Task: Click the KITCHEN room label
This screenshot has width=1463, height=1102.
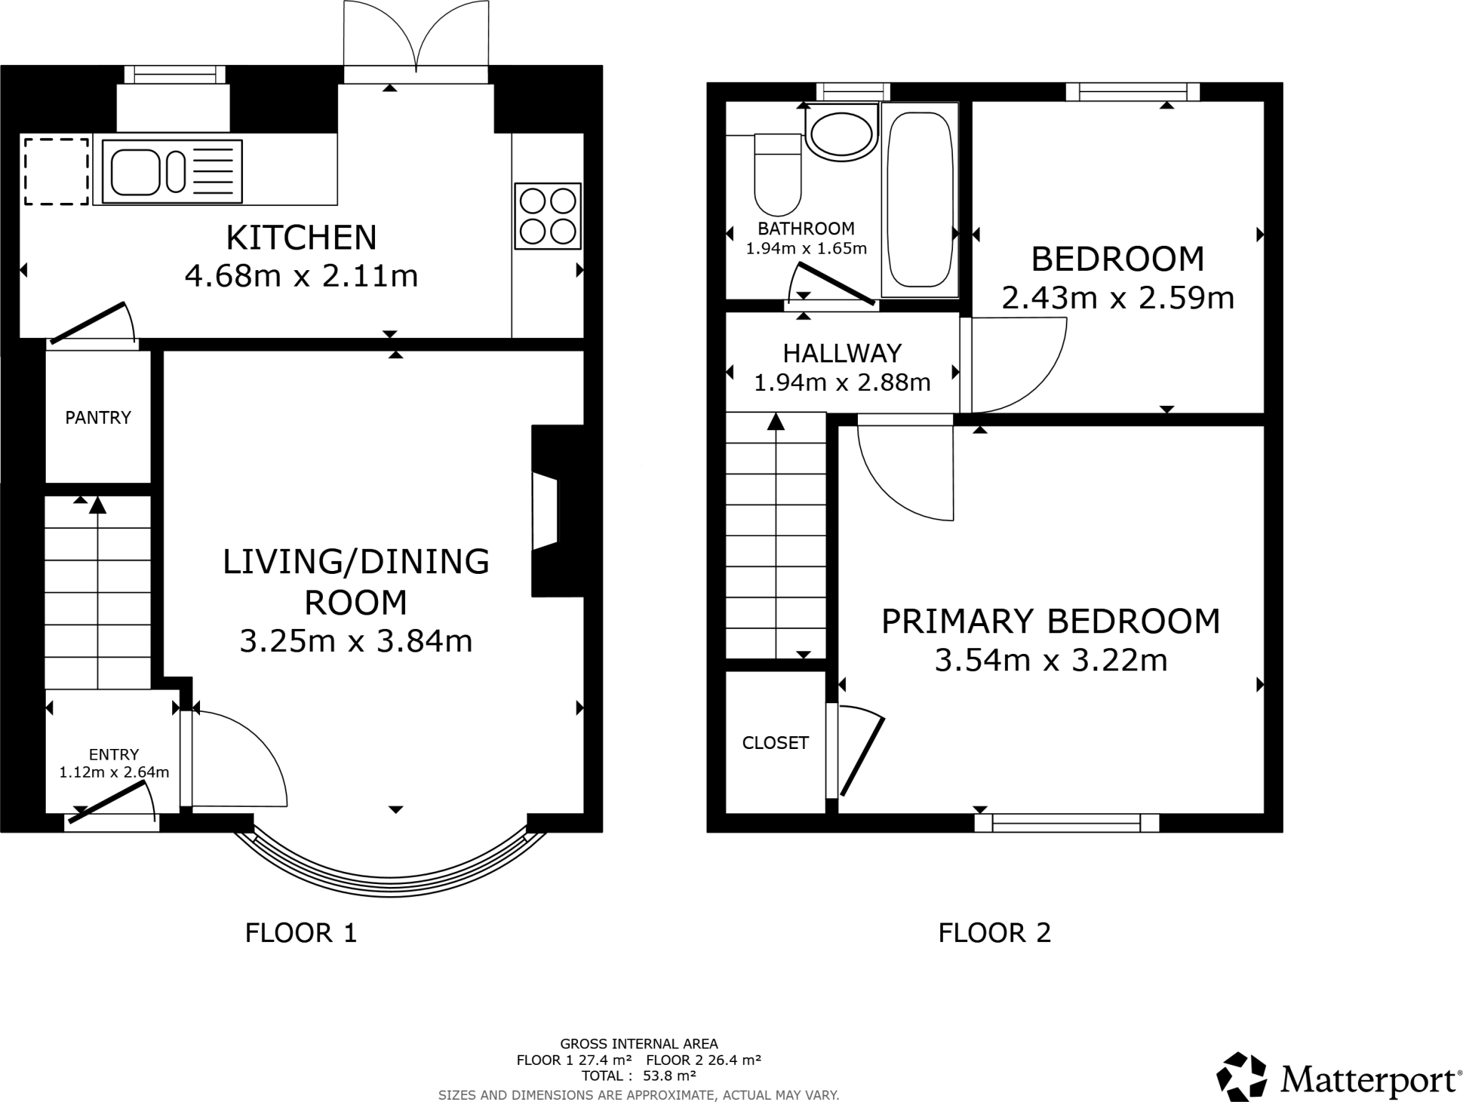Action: click(301, 238)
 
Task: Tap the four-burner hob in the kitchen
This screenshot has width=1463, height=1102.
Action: click(548, 216)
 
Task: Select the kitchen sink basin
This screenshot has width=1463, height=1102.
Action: click(135, 172)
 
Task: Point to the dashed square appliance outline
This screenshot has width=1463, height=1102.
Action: click(56, 172)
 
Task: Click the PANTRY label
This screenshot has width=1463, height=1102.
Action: click(98, 417)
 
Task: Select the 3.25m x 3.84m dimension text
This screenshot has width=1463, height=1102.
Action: click(356, 641)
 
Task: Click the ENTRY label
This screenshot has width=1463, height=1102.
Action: click(114, 754)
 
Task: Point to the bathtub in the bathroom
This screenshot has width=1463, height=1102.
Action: click(919, 200)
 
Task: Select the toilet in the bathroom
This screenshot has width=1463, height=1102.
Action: click(778, 175)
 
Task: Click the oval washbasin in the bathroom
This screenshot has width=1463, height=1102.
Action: click(842, 134)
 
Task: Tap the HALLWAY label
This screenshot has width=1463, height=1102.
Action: click(842, 353)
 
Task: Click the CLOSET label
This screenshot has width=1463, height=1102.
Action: click(775, 743)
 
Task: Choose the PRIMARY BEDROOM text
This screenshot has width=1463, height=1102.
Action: click(1050, 621)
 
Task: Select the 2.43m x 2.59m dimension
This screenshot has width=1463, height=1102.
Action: click(1117, 298)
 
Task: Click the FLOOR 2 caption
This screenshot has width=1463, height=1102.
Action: click(994, 933)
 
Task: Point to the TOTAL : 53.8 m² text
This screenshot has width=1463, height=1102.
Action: click(639, 1076)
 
